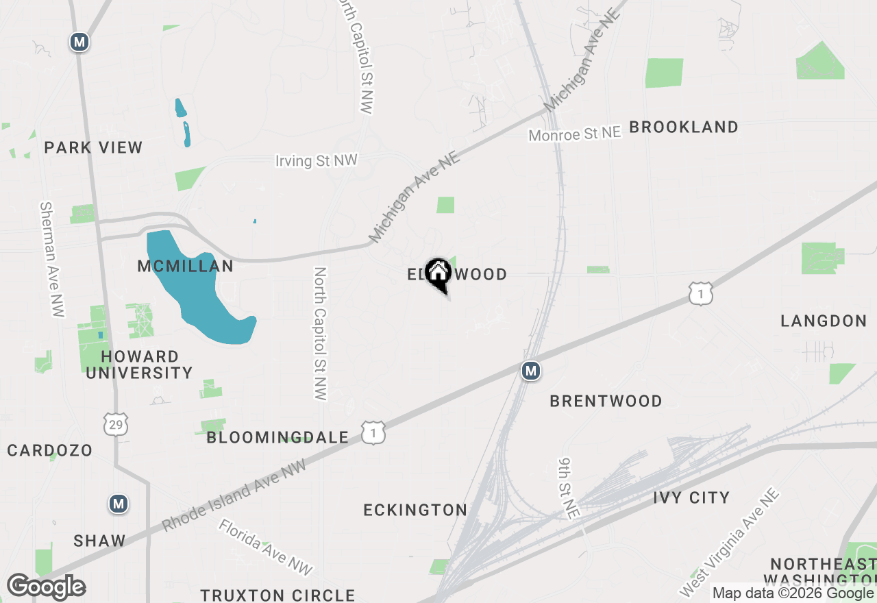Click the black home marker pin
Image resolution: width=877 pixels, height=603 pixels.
pyautogui.click(x=438, y=275)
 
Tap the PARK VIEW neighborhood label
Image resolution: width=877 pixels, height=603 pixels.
pyautogui.click(x=93, y=147)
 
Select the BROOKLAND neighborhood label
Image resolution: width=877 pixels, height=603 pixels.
pyautogui.click(x=684, y=127)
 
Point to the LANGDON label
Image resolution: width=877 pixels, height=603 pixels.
pyautogui.click(x=824, y=321)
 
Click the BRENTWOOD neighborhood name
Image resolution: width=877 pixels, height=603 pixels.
pyautogui.click(x=606, y=401)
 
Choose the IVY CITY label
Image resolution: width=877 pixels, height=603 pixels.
pyautogui.click(x=691, y=497)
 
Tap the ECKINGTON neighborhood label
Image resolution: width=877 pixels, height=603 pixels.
pyautogui.click(x=415, y=510)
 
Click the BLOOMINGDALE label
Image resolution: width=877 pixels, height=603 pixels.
pyautogui.click(x=277, y=437)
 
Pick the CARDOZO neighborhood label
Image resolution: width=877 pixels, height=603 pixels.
pyautogui.click(x=50, y=450)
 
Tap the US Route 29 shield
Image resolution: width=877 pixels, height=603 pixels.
pyautogui.click(x=115, y=425)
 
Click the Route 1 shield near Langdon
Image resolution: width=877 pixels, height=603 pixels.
pyautogui.click(x=702, y=294)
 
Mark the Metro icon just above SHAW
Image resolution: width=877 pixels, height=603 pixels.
pyautogui.click(x=119, y=504)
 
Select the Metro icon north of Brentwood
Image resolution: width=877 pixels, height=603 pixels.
pyautogui.click(x=530, y=371)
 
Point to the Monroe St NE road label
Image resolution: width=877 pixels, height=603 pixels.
pyautogui.click(x=574, y=134)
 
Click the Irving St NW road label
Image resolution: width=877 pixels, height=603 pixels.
pyautogui.click(x=317, y=160)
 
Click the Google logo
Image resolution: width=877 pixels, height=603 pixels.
pyautogui.click(x=46, y=587)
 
